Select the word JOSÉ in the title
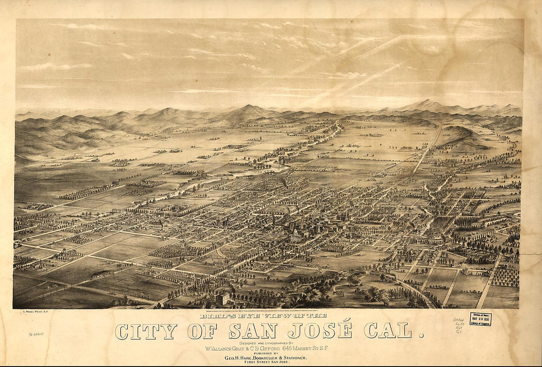pos(321,331)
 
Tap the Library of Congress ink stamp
pos(480,319)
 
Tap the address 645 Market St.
pos(312,348)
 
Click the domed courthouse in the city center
pos(295,231)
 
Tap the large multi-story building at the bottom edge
pos(223,298)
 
